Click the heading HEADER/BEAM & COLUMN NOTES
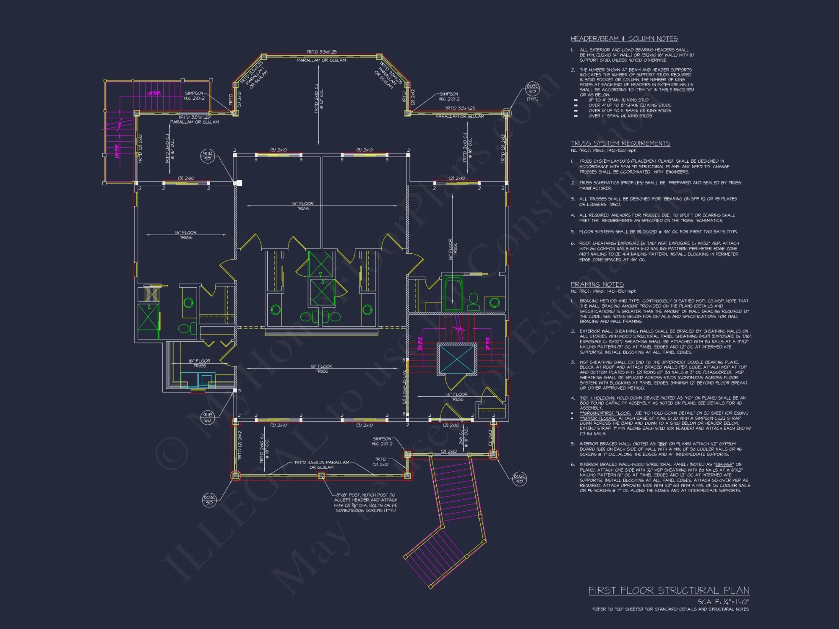[x=624, y=39]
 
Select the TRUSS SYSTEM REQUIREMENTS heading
[x=620, y=143]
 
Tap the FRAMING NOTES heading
[x=597, y=284]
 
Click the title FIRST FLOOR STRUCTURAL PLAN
[x=668, y=590]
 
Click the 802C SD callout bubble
[x=519, y=479]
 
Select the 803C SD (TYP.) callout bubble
[x=532, y=89]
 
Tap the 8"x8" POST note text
[x=365, y=502]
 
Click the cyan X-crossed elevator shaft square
[x=457, y=359]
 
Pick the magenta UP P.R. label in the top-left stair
[x=154, y=93]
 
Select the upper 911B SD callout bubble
[x=208, y=156]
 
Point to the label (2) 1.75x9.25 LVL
[x=404, y=387]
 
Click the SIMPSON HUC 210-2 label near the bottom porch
[x=382, y=441]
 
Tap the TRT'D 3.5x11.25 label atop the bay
[x=321, y=52]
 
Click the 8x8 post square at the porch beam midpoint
[x=321, y=476]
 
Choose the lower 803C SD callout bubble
[x=209, y=500]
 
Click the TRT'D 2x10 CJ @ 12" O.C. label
[x=319, y=98]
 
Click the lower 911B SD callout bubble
[x=208, y=417]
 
